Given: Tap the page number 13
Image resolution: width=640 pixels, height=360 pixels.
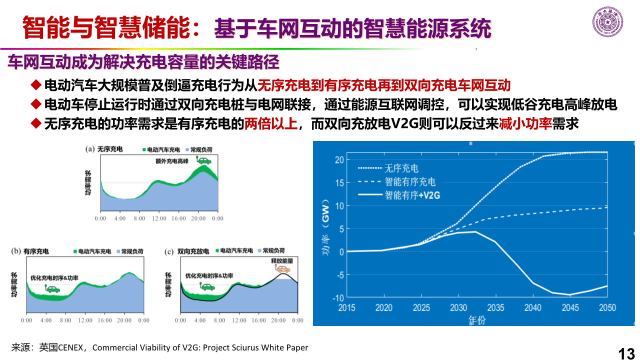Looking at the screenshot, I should [x=626, y=353].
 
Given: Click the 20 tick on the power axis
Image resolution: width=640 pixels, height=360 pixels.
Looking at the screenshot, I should [x=338, y=159].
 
